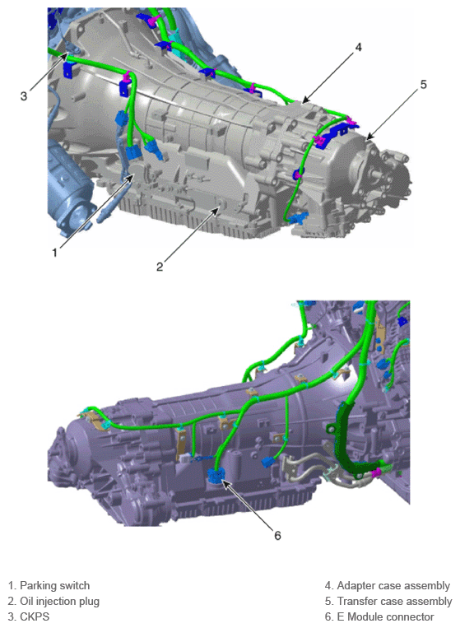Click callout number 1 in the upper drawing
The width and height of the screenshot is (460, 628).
pos(54,253)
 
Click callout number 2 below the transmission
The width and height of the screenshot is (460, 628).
pos(160,267)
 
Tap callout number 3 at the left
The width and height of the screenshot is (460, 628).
pos(24,96)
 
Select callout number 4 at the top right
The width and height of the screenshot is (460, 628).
pos(358,47)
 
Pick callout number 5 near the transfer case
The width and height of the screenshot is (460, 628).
pos(423,85)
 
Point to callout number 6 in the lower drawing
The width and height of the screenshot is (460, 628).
pos(277,536)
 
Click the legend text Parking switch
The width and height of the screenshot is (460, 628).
pos(55,585)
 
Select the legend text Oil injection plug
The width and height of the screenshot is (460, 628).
pos(59,601)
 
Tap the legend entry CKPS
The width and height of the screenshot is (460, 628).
pos(35,616)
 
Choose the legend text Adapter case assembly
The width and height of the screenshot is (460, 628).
pos(393,585)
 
